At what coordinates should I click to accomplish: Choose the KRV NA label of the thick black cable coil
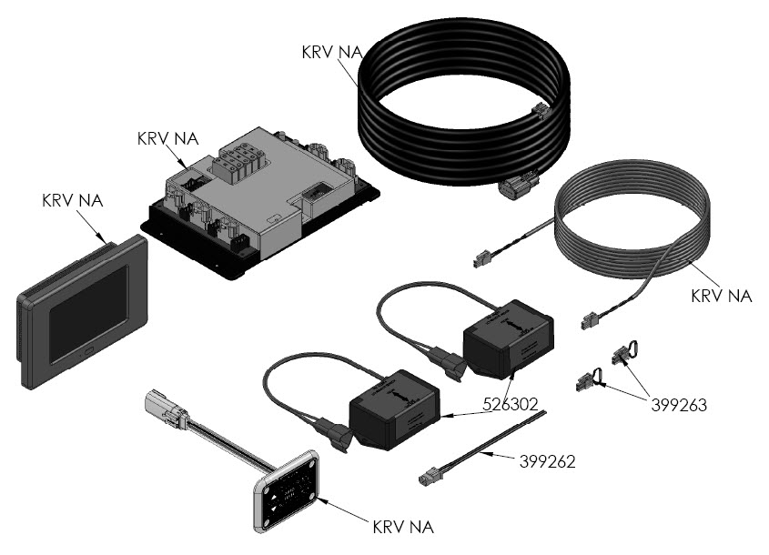(x=331, y=52)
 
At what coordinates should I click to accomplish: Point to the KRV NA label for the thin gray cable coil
(x=722, y=296)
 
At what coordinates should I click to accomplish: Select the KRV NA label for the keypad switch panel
(x=403, y=527)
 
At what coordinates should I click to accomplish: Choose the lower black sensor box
(x=393, y=410)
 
